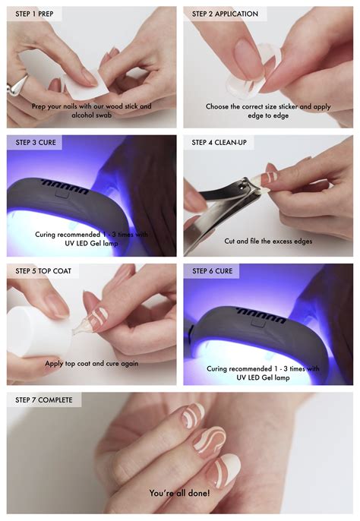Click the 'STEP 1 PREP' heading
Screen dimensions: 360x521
[34, 14]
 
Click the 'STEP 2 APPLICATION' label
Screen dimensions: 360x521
[225, 14]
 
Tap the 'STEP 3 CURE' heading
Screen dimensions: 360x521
[36, 143]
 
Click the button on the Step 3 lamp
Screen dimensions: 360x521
[62, 193]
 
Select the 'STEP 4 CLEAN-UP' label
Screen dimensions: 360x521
[219, 143]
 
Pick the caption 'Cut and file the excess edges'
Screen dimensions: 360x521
[268, 242]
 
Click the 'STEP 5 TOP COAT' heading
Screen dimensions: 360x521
[43, 271]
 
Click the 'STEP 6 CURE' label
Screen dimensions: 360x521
[213, 271]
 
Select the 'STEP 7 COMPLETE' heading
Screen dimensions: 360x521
[44, 399]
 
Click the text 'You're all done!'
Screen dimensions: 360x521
[179, 493]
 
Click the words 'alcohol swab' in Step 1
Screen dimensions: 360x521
[91, 115]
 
